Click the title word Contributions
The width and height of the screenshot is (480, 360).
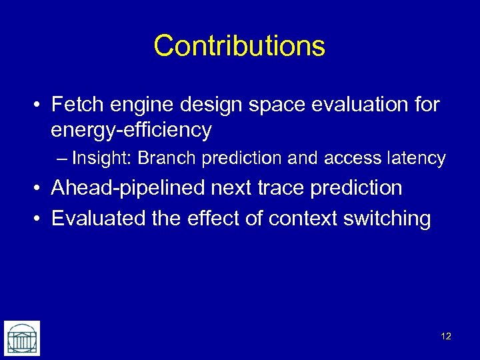[239, 46]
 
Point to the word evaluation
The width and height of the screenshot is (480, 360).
[361, 104]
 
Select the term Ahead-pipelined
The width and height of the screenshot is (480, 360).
[128, 188]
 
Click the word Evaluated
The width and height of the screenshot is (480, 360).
[95, 218]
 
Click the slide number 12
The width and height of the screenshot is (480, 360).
[446, 336]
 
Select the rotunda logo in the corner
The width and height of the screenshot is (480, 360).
[21, 338]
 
